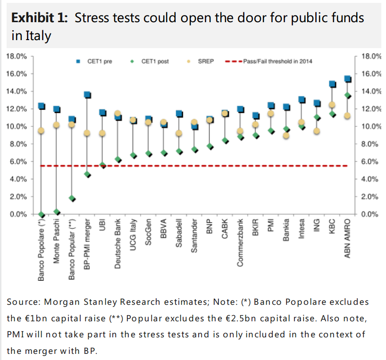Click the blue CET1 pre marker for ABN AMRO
[x=347, y=79]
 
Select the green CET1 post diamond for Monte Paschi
[x=57, y=212]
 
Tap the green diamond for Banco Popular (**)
[x=72, y=199]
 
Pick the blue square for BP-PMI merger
[x=87, y=95]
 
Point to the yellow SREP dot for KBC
[x=332, y=105]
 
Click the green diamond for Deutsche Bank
[x=118, y=159]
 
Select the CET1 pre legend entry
[x=94, y=61]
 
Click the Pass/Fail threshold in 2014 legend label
[x=277, y=61]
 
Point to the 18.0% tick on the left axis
[x=17, y=56]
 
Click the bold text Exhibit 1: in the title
[x=40, y=18]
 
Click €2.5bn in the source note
[x=244, y=318]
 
